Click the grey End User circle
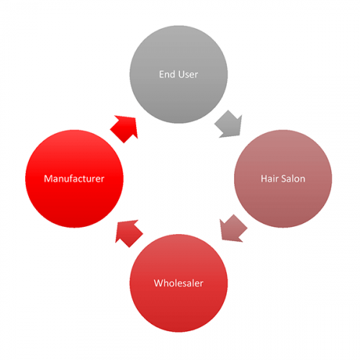point(179,74)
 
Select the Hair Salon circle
point(283,179)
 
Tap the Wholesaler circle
point(179,283)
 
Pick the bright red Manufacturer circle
point(74,179)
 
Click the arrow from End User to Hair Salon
point(229,125)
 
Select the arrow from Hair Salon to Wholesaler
point(233,229)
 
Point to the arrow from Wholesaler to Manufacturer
point(128,233)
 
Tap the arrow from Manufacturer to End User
point(125,128)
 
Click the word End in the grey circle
point(167,74)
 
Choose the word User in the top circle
point(189,74)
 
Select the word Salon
point(293,179)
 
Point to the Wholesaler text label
point(179,283)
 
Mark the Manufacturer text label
point(74,179)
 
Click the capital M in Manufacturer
point(48,179)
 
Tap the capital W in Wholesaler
point(159,284)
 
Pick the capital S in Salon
point(284,179)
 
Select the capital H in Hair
point(264,179)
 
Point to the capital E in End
point(161,75)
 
